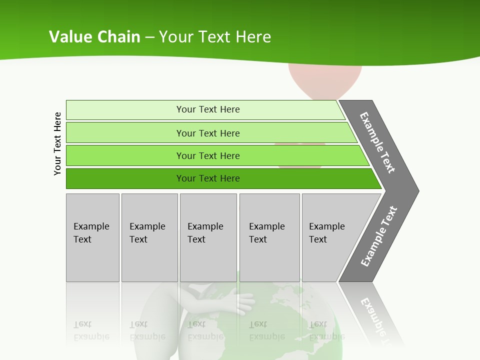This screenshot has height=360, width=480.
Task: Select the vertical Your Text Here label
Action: [x=57, y=143]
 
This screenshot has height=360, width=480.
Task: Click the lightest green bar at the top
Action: [x=207, y=109]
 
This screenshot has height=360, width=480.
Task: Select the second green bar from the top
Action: [x=207, y=133]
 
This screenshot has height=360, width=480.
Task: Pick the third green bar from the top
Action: [x=207, y=155]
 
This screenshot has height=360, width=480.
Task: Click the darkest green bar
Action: [x=207, y=178]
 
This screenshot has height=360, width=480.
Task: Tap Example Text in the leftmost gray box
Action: [x=91, y=233]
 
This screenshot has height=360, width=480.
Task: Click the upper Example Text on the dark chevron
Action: [x=378, y=142]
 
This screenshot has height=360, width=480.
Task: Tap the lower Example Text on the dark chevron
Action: [x=379, y=236]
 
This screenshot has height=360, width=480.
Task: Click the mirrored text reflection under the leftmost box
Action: [x=91, y=330]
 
